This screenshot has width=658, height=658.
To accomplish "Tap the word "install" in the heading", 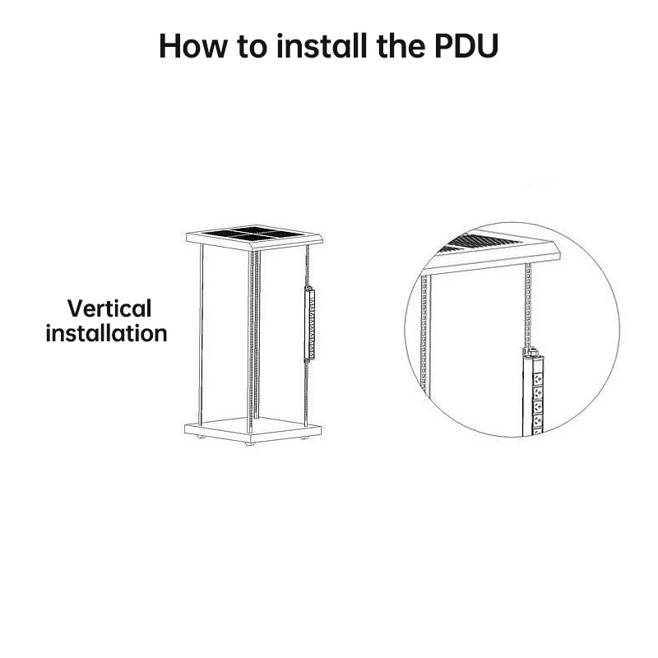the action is [322, 45].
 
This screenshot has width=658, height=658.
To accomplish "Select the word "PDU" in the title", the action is [466, 45].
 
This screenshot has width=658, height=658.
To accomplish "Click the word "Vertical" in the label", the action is [109, 308].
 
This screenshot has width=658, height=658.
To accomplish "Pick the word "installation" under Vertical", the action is [107, 334].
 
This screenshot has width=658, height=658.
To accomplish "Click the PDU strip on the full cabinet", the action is [310, 323].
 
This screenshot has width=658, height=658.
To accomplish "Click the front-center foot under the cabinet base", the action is [250, 443].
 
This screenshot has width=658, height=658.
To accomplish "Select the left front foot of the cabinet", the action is [201, 437].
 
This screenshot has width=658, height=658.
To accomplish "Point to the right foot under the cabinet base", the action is [304, 438].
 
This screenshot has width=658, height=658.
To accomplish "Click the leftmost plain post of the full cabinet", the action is [201, 335].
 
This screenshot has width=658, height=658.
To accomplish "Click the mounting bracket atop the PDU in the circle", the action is [531, 352].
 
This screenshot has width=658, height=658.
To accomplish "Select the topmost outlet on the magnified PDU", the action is [538, 379].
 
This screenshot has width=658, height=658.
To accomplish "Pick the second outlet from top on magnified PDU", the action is [538, 393].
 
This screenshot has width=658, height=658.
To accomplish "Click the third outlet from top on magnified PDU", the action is [538, 407].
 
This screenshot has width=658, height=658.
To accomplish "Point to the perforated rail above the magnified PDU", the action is [528, 305].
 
